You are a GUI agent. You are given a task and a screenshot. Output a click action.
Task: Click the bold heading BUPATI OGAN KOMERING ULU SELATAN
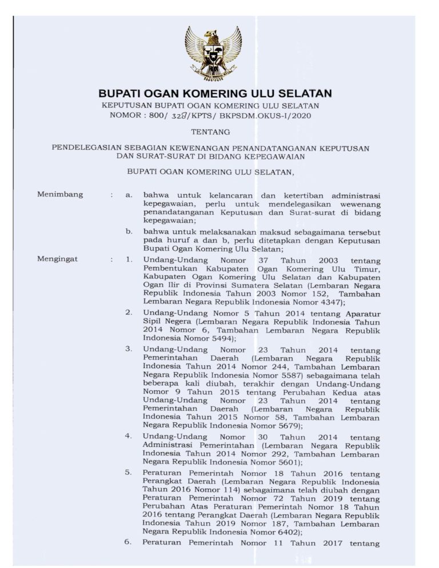pos(215,93)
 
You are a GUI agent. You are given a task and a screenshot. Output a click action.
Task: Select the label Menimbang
pos(60,194)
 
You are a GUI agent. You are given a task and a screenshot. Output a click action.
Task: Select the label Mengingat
pos(58,259)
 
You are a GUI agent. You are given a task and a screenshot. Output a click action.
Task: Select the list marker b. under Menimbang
pos(130,231)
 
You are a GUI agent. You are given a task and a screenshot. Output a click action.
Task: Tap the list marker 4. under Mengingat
pos(129,436)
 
